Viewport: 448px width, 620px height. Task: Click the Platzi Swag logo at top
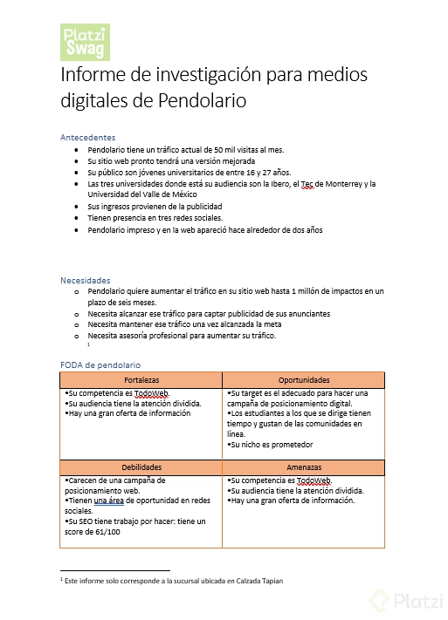86,42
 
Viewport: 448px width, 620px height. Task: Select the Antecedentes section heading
87,138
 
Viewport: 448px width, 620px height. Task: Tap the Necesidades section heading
86,280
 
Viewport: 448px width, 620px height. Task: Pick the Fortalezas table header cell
141,380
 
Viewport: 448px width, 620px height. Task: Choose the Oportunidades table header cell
303,380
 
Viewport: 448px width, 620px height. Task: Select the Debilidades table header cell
141,467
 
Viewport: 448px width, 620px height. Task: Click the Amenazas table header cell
303,467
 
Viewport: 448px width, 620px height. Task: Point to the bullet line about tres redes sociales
155,218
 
